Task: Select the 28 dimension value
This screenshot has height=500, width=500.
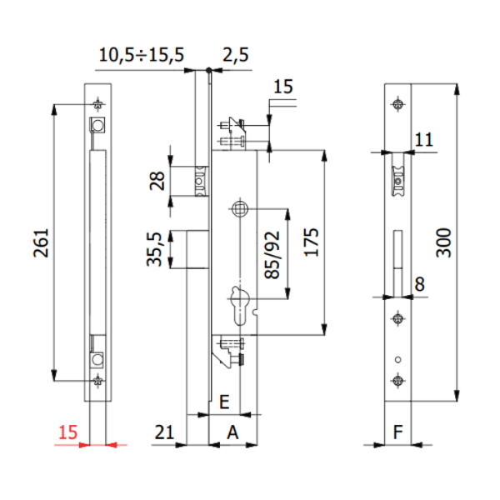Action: tap(154, 181)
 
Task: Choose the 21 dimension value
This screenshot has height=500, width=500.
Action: tap(164, 432)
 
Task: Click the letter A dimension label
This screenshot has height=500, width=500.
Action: tap(232, 432)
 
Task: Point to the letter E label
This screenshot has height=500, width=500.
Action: tap(223, 401)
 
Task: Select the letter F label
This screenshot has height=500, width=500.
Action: tap(398, 432)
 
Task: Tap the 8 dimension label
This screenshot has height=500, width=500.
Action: tap(419, 284)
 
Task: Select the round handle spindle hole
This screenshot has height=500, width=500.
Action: tap(239, 207)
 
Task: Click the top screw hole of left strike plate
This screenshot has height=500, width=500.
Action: tap(98, 105)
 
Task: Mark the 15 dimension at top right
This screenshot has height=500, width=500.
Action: tap(283, 87)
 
